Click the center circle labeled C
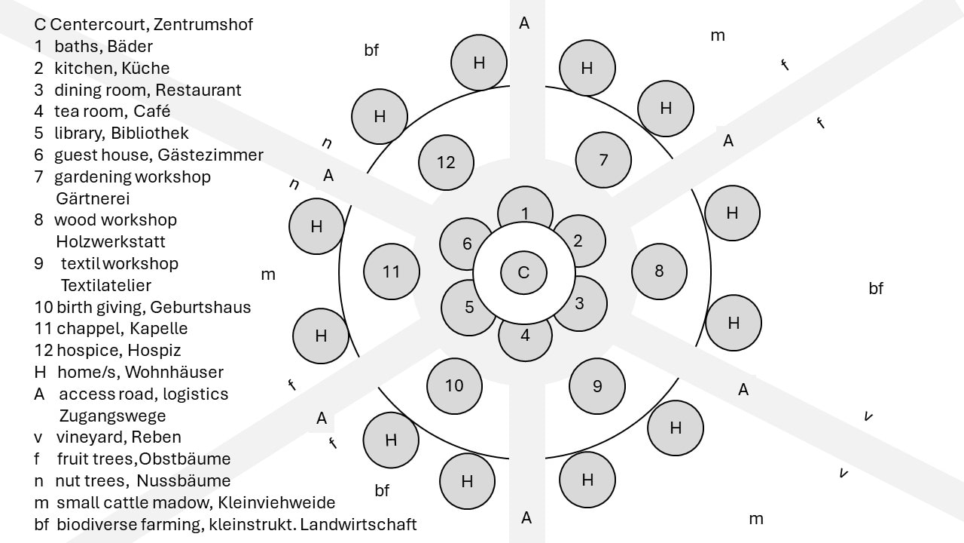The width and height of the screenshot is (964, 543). click(524, 272)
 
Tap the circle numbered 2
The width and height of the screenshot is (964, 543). click(578, 241)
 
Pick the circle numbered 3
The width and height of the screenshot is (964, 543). click(579, 303)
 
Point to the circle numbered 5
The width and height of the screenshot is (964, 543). click(469, 307)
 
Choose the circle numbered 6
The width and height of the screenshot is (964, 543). click(467, 244)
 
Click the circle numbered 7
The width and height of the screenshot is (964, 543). click(603, 160)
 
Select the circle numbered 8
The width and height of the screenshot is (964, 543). click(659, 271)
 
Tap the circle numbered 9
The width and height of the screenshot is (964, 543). click(597, 386)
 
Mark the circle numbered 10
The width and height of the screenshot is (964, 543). click(454, 386)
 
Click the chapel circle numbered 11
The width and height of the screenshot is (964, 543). click(391, 271)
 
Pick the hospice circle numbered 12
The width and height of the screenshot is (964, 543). click(447, 162)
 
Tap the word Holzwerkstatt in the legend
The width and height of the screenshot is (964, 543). click(111, 242)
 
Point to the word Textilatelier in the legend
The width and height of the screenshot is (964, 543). click(106, 286)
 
